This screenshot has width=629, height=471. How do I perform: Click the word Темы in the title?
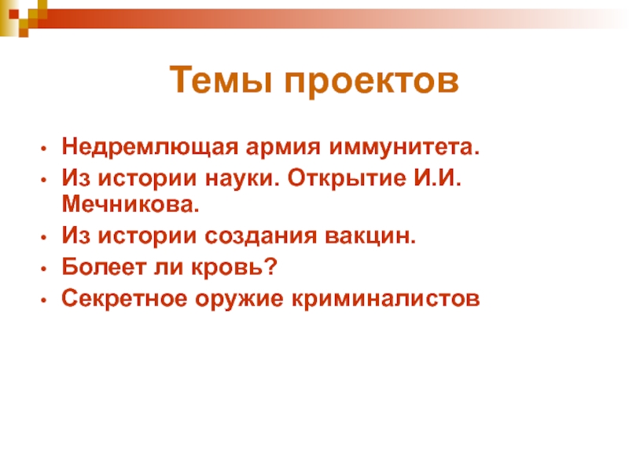coord(221,79)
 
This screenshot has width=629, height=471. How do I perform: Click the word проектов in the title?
coord(372,82)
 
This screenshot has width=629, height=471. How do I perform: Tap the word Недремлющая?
coord(149,148)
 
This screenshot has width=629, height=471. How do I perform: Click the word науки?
coord(241,179)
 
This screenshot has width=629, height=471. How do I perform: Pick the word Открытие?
coord(347,179)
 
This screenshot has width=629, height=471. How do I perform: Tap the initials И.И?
coord(438,178)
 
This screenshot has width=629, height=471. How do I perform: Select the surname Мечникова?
coord(131,205)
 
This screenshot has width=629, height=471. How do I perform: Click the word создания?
coord(260,236)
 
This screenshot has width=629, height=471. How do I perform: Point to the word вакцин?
coord(370,236)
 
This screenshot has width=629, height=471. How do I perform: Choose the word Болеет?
coord(104,266)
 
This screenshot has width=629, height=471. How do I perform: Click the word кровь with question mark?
coord(234,266)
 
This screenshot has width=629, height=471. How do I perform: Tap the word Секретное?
coord(124,298)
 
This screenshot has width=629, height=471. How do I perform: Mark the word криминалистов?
coord(385,299)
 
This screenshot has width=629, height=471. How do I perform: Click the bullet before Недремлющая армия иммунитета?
coord(44,148)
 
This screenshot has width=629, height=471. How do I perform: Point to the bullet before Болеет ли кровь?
coord(44,268)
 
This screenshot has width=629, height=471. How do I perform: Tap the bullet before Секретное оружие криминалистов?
coord(44,300)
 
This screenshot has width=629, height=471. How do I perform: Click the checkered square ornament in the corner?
coord(20,16)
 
